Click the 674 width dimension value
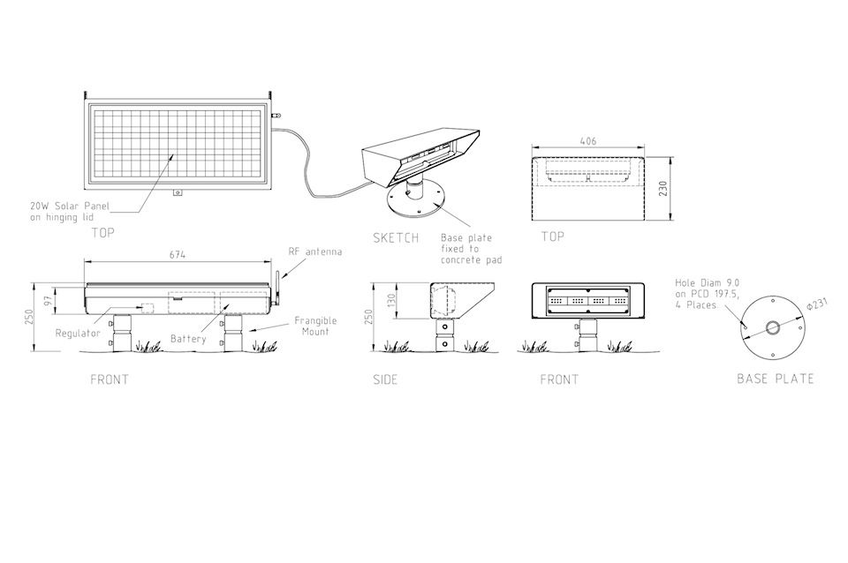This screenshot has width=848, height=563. tap(178, 254)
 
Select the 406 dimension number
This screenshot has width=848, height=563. tap(588, 141)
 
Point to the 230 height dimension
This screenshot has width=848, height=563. tap(663, 189)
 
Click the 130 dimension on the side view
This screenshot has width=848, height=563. tap(392, 299)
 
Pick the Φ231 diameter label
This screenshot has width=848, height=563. tap(817, 304)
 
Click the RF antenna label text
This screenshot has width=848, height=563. tap(315, 251)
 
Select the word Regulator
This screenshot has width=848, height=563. tap(78, 334)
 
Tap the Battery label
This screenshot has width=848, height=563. tap(188, 339)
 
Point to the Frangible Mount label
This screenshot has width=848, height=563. tap(315, 326)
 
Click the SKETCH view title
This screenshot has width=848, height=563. tap(396, 237)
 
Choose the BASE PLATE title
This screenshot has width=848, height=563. tap(776, 379)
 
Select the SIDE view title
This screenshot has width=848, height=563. tap(385, 379)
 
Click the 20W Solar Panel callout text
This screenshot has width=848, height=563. tap(70, 211)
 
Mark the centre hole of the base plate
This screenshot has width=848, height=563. tap(772, 327)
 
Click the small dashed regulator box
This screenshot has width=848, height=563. tap(148, 308)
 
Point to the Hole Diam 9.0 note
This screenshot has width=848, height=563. tap(707, 294)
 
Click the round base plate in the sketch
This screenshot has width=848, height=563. tap(416, 201)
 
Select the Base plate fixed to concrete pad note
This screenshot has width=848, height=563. tap(471, 249)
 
